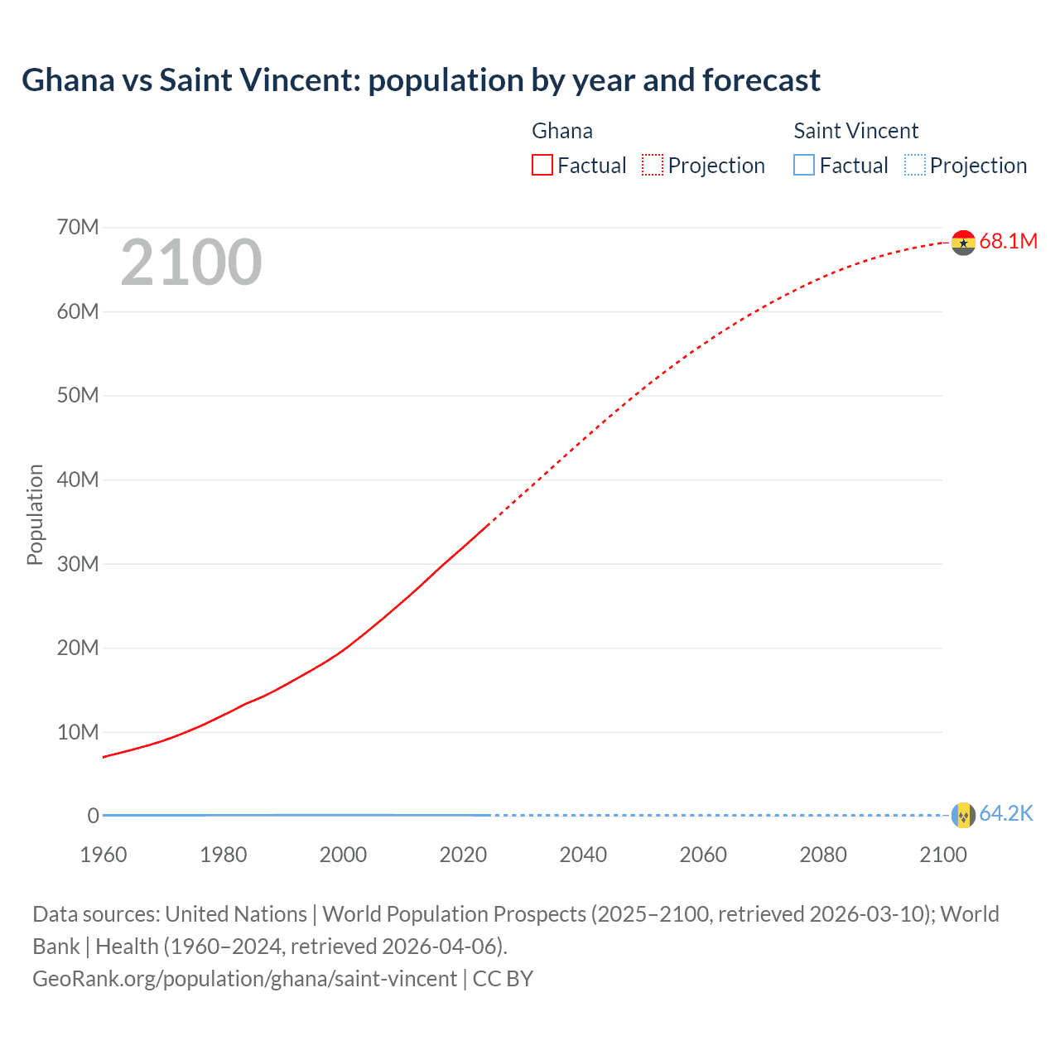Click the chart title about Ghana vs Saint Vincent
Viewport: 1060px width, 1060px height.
pyautogui.click(x=421, y=80)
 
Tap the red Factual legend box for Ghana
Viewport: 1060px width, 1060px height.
pyautogui.click(x=542, y=165)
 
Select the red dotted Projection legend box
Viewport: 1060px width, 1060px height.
pyautogui.click(x=653, y=165)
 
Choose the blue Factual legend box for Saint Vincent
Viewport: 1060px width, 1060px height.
pyautogui.click(x=804, y=165)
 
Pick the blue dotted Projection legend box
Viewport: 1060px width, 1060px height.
pyautogui.click(x=914, y=165)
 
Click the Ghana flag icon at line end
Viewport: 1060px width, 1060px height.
pyautogui.click(x=963, y=242)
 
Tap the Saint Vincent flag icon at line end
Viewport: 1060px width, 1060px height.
pyautogui.click(x=963, y=815)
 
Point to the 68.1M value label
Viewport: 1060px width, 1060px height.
pyautogui.click(x=1008, y=241)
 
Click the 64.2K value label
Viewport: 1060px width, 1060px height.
pyautogui.click(x=1006, y=814)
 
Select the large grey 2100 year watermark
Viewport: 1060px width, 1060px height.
pyautogui.click(x=191, y=263)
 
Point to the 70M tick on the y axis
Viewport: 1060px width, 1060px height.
pyautogui.click(x=78, y=227)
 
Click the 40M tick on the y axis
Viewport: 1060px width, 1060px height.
pyautogui.click(x=78, y=479)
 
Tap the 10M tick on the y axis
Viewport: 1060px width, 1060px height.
pyautogui.click(x=78, y=732)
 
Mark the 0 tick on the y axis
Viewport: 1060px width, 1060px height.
pyautogui.click(x=93, y=816)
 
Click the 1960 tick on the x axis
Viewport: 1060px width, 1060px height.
pyautogui.click(x=104, y=855)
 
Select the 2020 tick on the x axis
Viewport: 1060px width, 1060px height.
pyautogui.click(x=463, y=855)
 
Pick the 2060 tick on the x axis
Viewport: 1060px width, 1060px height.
pyautogui.click(x=703, y=855)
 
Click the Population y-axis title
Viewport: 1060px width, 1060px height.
pyautogui.click(x=35, y=514)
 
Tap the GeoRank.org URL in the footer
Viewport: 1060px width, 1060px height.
pyautogui.click(x=244, y=979)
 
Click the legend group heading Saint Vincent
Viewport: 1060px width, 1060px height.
pyautogui.click(x=855, y=131)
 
